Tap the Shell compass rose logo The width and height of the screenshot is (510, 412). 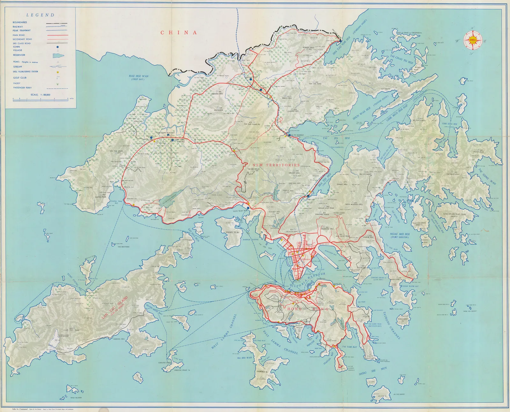473,40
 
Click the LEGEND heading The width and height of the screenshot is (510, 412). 40,15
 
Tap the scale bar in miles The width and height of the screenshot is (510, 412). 40,100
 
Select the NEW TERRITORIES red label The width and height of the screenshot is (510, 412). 276,165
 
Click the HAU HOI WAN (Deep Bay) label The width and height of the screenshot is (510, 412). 139,77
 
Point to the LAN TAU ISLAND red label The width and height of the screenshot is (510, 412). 114,307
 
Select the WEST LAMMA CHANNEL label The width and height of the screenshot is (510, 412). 224,331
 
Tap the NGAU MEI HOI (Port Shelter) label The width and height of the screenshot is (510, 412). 400,235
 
